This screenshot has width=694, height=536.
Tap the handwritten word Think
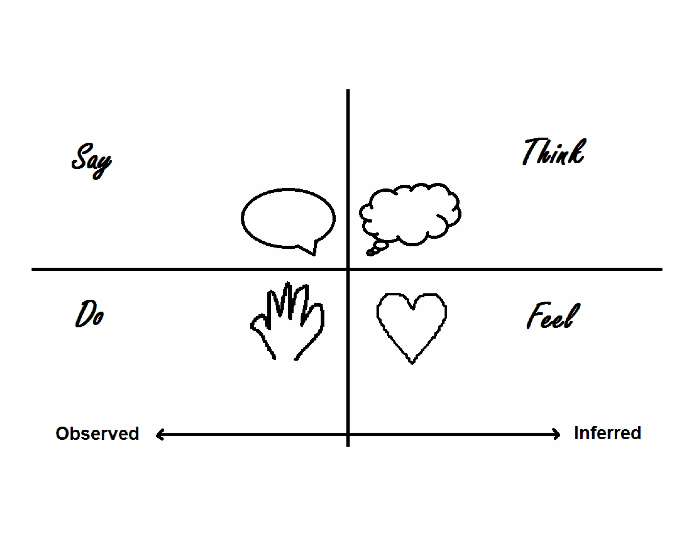(x=554, y=152)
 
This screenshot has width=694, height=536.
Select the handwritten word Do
(x=89, y=314)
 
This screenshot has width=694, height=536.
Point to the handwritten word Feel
(x=553, y=316)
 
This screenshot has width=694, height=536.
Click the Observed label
(x=97, y=433)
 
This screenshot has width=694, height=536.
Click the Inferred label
(x=607, y=433)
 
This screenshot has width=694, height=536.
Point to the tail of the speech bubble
(x=312, y=249)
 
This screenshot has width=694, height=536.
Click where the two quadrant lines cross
(x=348, y=269)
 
